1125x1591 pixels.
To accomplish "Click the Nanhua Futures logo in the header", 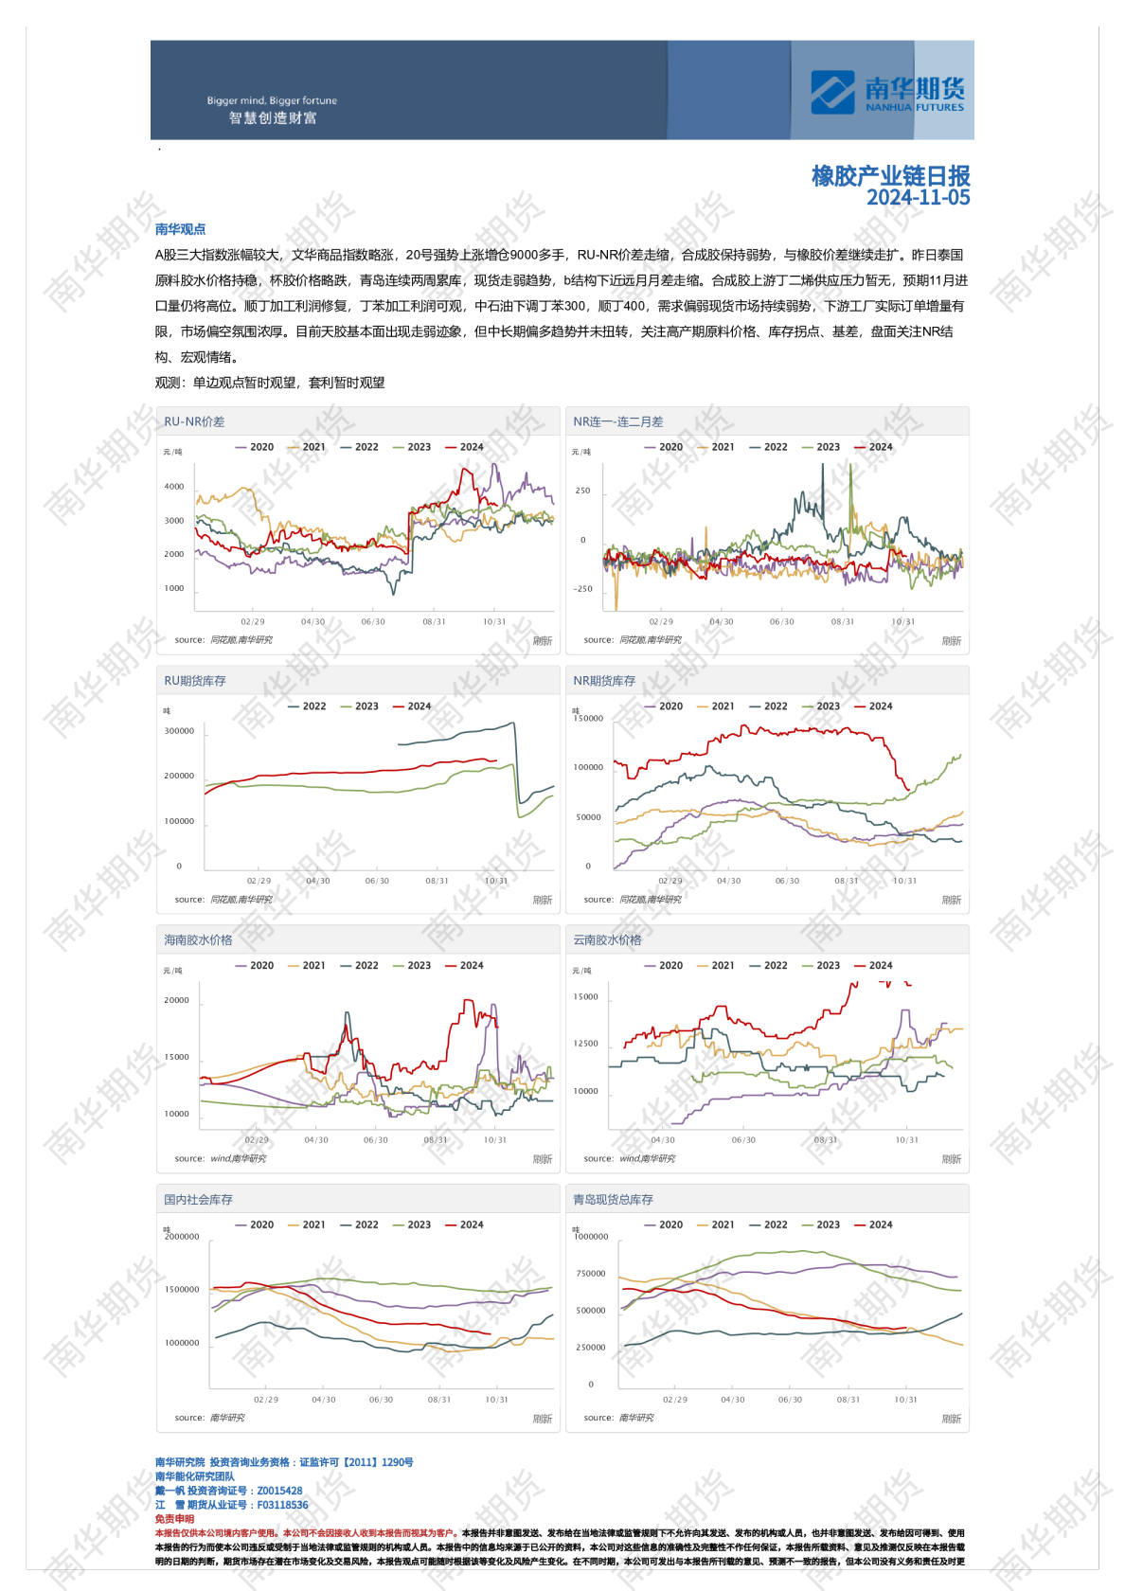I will pos(886,92).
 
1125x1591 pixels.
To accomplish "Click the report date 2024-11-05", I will pos(918,197).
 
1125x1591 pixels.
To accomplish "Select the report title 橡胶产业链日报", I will pos(890,175).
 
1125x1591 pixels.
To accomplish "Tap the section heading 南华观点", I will pos(180,229).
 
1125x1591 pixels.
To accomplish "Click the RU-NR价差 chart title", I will pos(194,421).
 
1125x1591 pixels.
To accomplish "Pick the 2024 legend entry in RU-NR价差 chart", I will pos(465,447).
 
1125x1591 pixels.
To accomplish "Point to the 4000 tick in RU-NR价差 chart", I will pos(174,487).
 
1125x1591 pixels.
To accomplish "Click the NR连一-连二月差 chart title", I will pos(617,421).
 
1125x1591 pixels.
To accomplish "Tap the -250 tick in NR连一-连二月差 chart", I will pos(582,589).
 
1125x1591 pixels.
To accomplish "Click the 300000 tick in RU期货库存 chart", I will pos(179,731).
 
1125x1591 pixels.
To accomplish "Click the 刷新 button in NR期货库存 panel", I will pos(951,900).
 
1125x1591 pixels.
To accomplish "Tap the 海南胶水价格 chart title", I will pos(198,940).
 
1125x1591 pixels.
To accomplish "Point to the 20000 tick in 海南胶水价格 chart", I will pos(176,1000).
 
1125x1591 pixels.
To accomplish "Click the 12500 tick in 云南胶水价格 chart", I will pos(585,1044).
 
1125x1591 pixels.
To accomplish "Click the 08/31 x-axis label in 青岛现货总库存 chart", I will pos(848,1400).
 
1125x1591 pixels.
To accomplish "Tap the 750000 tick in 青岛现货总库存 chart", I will pos(590,1274).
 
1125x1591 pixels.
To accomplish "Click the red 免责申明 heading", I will pos(174,1519).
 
